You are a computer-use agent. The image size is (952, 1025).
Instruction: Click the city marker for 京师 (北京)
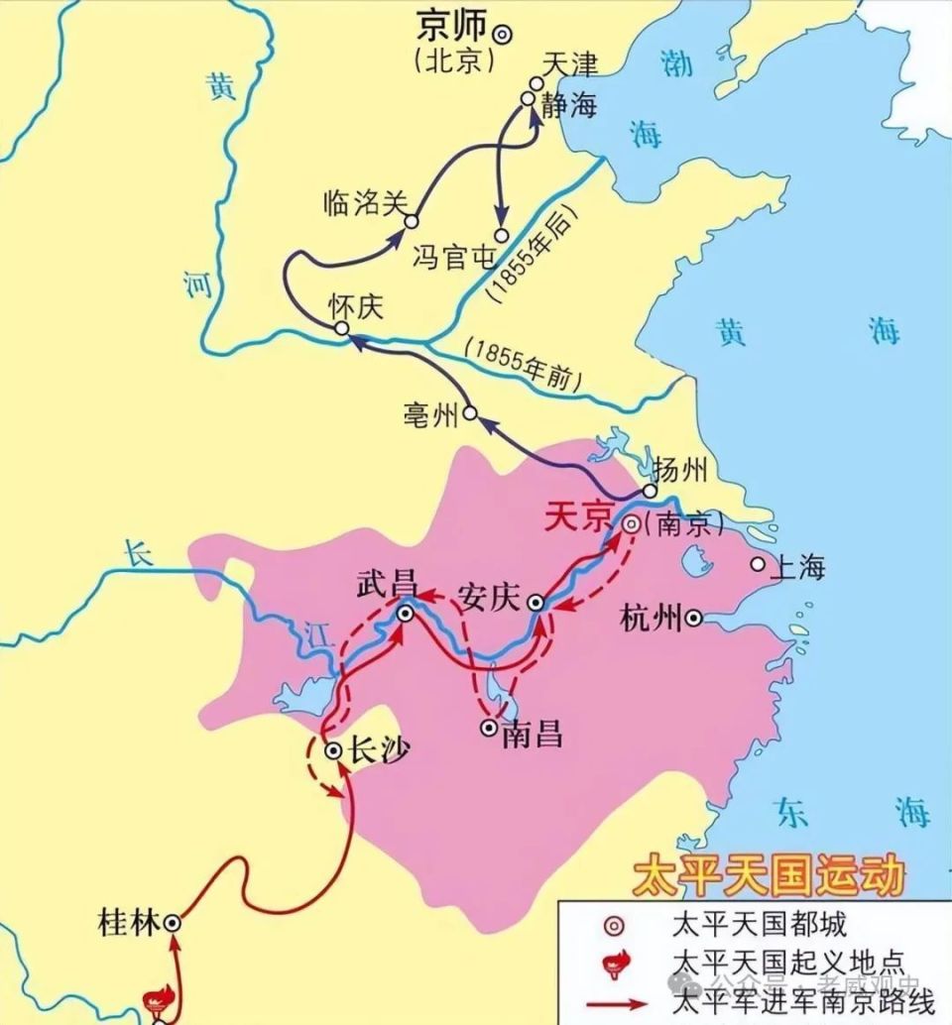(504, 33)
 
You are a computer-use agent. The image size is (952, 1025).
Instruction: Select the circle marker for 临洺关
(412, 220)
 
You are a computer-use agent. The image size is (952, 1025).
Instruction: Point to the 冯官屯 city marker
(502, 235)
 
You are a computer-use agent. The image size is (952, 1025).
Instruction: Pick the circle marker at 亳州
(470, 411)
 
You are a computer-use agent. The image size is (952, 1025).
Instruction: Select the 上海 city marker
(758, 564)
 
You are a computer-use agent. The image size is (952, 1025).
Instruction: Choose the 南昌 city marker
(489, 728)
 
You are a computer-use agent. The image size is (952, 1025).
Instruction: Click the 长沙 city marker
(333, 750)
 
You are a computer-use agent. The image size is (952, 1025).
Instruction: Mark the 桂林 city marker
(173, 922)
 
